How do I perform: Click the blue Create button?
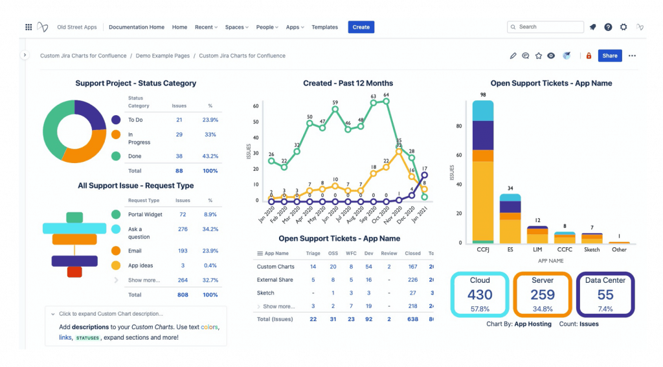tap(361, 27)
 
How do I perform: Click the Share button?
tap(609, 56)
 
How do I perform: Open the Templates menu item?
tap(324, 27)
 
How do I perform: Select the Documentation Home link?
tap(136, 27)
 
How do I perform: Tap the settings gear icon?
tap(624, 27)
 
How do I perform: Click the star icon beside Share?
tap(538, 56)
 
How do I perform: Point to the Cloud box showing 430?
tap(480, 295)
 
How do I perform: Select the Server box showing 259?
tap(543, 295)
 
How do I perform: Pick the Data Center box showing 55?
tap(605, 295)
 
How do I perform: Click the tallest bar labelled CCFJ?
tap(483, 175)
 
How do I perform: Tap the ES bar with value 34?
tap(510, 220)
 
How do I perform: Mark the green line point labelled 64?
tap(386, 102)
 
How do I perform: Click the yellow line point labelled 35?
tap(399, 150)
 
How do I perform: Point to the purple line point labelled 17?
tap(424, 174)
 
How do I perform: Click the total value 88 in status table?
tap(179, 171)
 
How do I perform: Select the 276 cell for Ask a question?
tap(183, 229)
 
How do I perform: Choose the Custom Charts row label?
tap(275, 267)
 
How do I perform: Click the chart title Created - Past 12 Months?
tap(348, 83)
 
